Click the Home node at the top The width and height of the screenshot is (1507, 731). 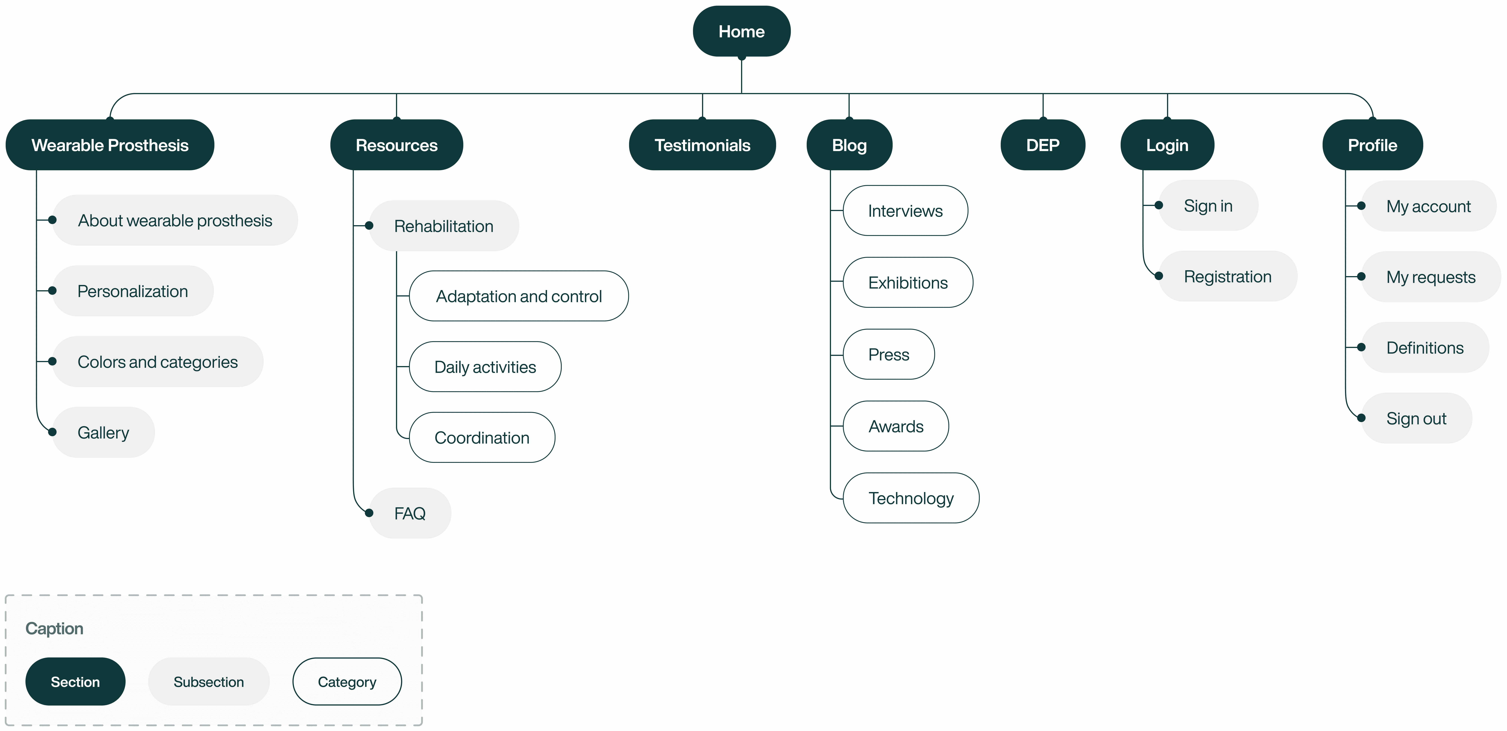[741, 31]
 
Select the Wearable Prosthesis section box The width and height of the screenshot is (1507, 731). [110, 145]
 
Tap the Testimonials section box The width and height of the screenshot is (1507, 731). [702, 145]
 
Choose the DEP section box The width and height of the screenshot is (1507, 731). [1043, 145]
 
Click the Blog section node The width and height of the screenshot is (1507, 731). [849, 145]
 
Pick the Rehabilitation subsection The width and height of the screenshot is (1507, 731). [444, 226]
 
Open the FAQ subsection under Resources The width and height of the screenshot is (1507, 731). [410, 513]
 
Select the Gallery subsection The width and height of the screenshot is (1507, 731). [104, 432]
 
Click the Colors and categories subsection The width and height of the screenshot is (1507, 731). [157, 362]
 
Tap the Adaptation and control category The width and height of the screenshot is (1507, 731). [519, 296]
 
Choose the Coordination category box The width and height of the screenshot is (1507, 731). [482, 438]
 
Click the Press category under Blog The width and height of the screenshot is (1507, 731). [889, 355]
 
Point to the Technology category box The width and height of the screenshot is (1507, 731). [911, 498]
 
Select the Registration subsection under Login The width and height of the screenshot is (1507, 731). [1227, 276]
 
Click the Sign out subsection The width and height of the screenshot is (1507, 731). [1416, 418]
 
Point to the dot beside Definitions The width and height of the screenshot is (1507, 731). [1361, 347]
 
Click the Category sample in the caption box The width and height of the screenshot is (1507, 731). [347, 682]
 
